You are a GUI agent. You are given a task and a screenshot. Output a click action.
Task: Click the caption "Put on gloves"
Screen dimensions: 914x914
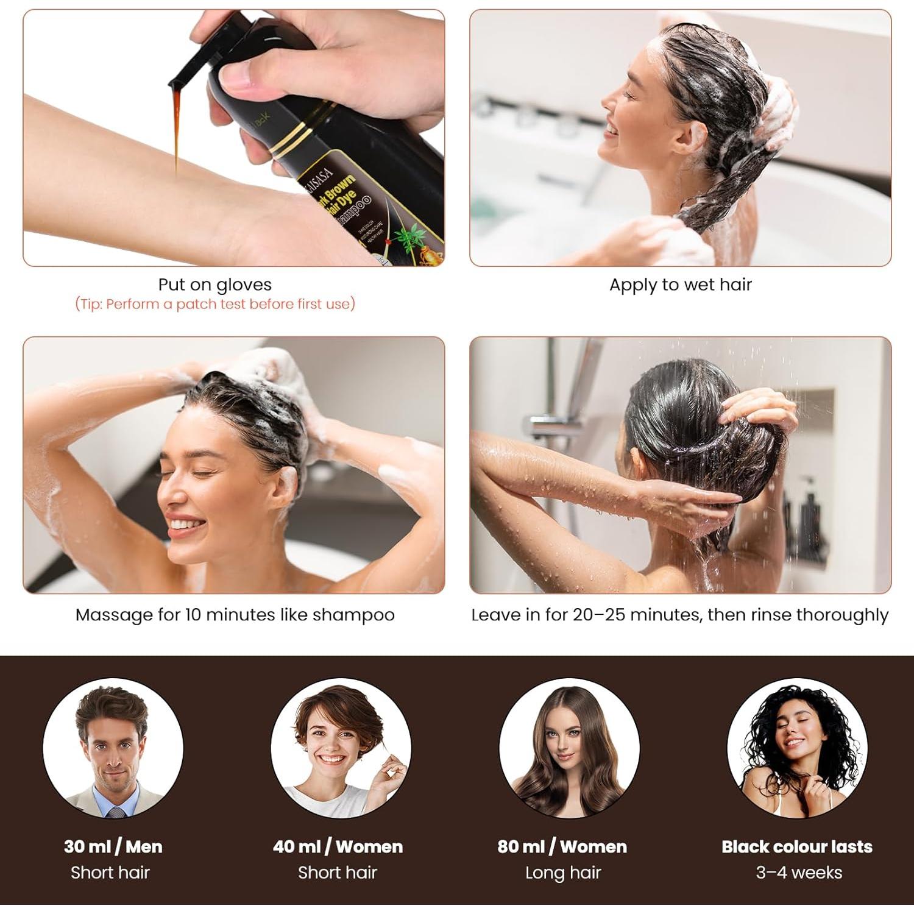214,285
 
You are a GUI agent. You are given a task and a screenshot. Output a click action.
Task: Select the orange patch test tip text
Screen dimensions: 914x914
214,304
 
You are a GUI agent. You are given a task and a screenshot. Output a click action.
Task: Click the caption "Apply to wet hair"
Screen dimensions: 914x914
680,285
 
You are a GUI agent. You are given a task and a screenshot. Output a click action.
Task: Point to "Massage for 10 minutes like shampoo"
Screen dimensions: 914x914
235,615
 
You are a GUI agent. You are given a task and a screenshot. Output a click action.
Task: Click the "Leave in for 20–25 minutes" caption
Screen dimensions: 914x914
679,615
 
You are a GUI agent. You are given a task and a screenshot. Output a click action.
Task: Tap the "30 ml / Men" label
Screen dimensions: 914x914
113,846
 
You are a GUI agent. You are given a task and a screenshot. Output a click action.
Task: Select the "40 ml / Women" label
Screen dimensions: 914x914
338,846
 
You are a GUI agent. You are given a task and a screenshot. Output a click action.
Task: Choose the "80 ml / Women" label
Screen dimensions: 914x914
562,846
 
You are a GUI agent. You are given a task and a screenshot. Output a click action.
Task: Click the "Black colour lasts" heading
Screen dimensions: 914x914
796,846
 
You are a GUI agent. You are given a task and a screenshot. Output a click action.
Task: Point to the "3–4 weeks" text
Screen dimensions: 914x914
798,873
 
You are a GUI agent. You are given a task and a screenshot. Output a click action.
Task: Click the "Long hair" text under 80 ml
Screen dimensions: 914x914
563,873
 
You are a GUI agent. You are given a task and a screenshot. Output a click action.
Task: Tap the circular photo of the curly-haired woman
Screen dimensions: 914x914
797,748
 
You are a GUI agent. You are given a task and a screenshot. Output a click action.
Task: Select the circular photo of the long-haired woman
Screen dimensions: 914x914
569,748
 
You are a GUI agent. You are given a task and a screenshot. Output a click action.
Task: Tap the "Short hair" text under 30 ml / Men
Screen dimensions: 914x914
110,873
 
